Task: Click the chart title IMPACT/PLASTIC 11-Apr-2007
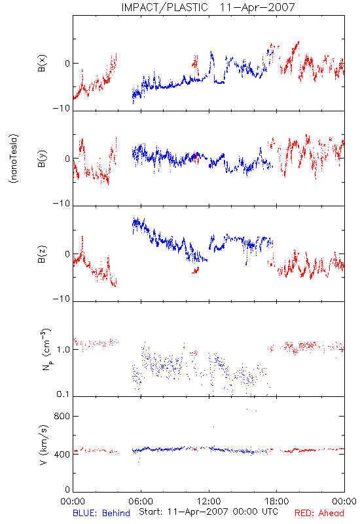[207, 7]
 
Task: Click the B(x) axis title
[42, 64]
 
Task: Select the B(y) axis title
[42, 159]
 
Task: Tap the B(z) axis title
[42, 254]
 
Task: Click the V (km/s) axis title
[43, 445]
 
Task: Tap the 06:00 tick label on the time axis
[141, 501]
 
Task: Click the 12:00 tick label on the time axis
[209, 501]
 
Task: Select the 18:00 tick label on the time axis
[277, 501]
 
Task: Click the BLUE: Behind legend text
[101, 513]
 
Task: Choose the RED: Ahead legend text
[319, 513]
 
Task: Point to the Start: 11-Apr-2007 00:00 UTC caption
[208, 512]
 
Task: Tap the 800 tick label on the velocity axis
[62, 416]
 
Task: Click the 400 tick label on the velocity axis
[62, 455]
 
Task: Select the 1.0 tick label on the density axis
[63, 350]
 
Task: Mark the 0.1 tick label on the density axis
[63, 394]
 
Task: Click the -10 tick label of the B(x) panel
[62, 108]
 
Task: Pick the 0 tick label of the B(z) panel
[67, 254]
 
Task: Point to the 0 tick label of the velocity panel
[67, 489]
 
